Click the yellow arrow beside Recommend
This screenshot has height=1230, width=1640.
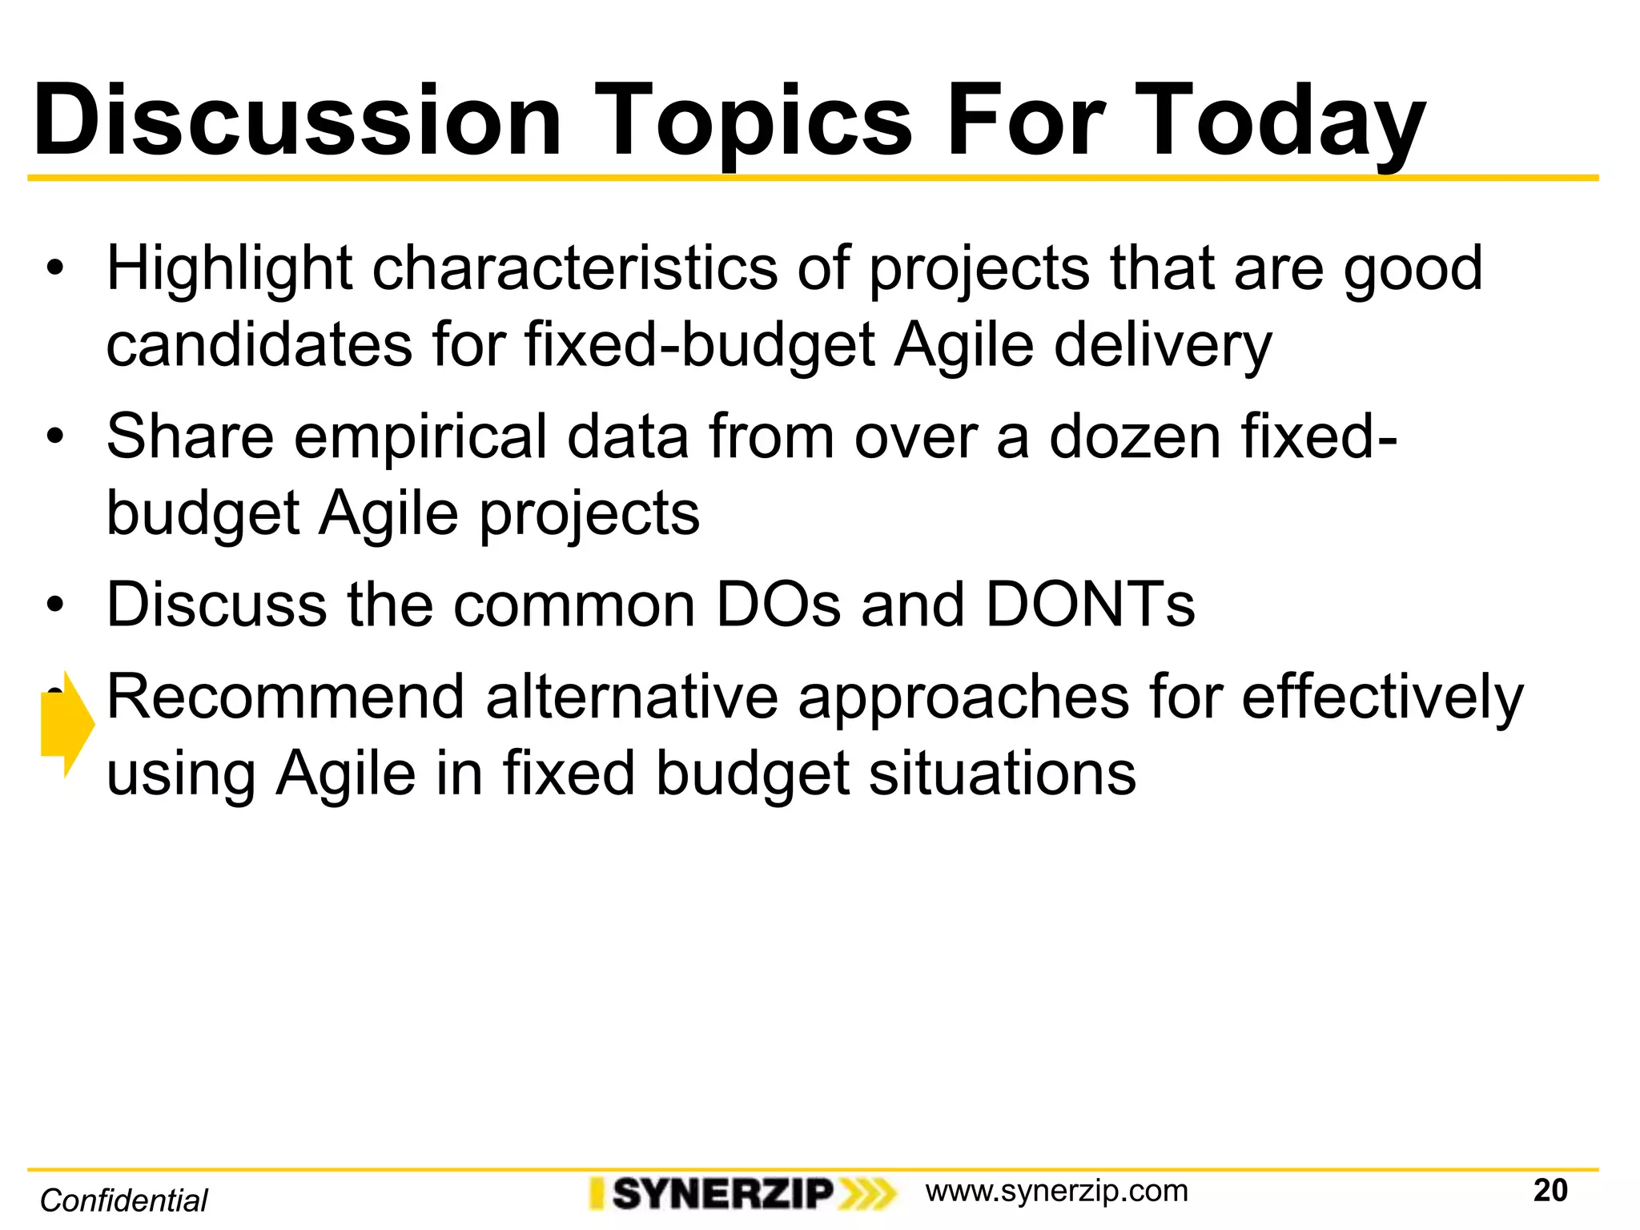coord(67,724)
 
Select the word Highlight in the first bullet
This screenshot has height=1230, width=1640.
coord(229,268)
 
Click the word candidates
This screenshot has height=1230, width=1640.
coord(259,345)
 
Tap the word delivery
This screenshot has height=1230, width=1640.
coord(1162,345)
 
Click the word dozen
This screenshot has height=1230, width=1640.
coord(1135,437)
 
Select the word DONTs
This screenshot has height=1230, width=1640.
coord(1090,605)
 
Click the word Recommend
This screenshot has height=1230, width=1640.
coord(285,697)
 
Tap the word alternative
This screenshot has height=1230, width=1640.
coord(632,697)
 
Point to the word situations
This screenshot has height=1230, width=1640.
coord(1003,774)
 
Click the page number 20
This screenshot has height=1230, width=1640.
coord(1550,1191)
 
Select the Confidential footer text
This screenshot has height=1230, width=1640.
coord(124,1200)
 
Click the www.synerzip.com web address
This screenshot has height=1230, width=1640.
coord(1056,1191)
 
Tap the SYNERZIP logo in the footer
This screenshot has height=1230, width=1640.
coord(741,1193)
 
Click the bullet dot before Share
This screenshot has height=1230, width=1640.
coord(54,437)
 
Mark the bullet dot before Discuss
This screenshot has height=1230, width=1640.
coord(54,605)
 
